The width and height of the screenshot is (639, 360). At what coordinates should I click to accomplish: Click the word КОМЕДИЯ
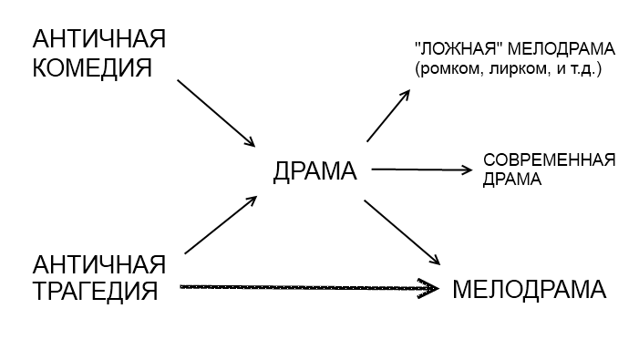coord(92,67)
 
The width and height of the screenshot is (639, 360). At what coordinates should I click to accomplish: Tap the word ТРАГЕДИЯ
coord(95,291)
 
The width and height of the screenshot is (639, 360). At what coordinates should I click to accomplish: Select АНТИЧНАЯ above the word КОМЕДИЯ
coord(99,39)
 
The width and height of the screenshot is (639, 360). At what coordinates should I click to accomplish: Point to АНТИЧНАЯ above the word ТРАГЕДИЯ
coord(99,264)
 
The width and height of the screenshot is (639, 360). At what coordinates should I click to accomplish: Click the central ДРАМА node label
coord(314,171)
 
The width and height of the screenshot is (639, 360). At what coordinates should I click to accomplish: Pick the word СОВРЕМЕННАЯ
coord(549,160)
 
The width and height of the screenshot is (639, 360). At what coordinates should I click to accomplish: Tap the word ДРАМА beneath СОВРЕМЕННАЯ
coord(512,180)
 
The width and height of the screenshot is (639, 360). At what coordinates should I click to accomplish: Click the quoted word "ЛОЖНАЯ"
coord(458,49)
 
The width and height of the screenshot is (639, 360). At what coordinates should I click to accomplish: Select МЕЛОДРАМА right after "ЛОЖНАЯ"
coord(562,49)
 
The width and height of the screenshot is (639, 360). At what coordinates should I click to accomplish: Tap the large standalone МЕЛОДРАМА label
coord(530,290)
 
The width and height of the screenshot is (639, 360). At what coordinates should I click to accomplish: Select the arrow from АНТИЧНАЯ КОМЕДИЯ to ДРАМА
coord(216,113)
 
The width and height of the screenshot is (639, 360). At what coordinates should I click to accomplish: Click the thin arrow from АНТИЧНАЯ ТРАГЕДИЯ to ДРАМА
coord(221,225)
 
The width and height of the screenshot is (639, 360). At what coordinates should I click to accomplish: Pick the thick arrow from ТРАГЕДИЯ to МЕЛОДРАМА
coord(310,287)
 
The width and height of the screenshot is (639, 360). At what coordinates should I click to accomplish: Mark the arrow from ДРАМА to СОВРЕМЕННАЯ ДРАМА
coord(422,170)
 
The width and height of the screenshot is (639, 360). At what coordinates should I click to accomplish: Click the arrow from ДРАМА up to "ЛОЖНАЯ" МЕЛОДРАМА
coord(388,116)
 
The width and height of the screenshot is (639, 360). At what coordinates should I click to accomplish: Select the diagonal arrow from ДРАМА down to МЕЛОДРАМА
coord(402,232)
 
